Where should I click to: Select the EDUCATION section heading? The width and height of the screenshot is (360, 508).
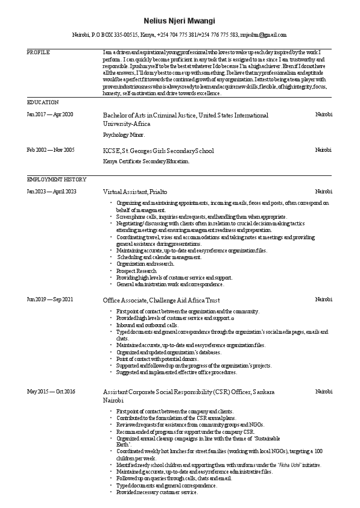tap(43, 102)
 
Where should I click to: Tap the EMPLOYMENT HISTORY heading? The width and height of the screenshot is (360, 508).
tap(57, 179)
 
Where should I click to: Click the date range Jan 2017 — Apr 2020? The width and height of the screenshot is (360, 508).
tap(50, 114)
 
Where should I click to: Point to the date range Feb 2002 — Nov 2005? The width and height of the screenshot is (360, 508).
tap(51, 149)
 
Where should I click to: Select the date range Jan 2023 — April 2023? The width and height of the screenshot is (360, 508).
tap(52, 191)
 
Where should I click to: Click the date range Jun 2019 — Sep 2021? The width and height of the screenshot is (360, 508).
tap(50, 299)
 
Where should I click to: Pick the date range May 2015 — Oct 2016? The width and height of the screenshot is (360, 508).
tap(51, 392)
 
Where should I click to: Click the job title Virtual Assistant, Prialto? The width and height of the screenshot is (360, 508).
tap(135, 191)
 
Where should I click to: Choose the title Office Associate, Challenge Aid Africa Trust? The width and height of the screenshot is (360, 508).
tap(161, 299)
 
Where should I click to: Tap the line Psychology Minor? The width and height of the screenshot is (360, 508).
tap(124, 135)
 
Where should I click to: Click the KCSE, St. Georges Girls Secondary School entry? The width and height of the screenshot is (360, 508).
tap(159, 150)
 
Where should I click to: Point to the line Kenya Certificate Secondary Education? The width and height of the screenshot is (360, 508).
tap(147, 161)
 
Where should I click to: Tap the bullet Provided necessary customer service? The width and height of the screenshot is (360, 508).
tap(157, 492)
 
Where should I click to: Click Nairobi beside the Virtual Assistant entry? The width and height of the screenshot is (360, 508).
tap(323, 191)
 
